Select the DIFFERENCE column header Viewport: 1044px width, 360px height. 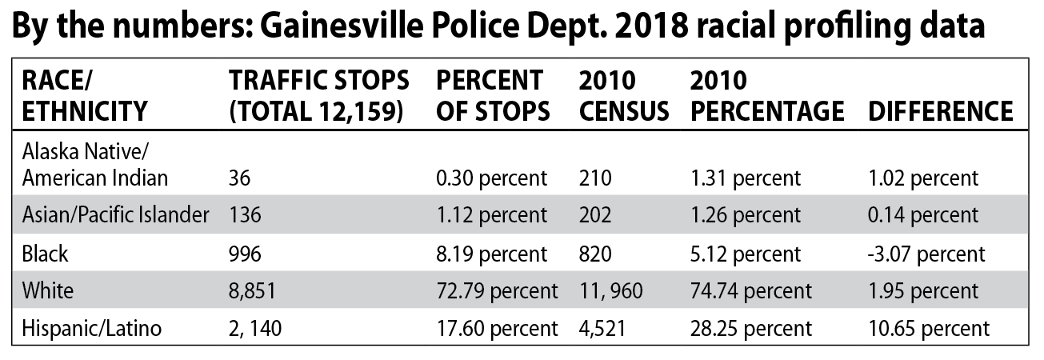(940, 110)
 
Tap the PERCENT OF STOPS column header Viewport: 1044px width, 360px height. (492, 95)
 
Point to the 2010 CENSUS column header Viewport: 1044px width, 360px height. (623, 95)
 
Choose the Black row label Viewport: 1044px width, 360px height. (46, 254)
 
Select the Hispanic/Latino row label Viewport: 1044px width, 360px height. (92, 328)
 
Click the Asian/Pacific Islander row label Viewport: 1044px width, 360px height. (115, 214)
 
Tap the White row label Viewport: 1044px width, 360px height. (48, 290)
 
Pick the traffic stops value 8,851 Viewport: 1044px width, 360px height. (252, 291)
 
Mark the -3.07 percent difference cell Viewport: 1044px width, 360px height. (926, 254)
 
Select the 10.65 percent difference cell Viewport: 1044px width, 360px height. (929, 328)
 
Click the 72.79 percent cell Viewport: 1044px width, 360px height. (497, 291)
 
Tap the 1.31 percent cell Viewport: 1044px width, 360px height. (745, 178)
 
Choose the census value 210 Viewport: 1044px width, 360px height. (594, 178)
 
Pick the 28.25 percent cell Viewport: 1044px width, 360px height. (750, 328)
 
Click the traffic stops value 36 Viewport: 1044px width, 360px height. (240, 178)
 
